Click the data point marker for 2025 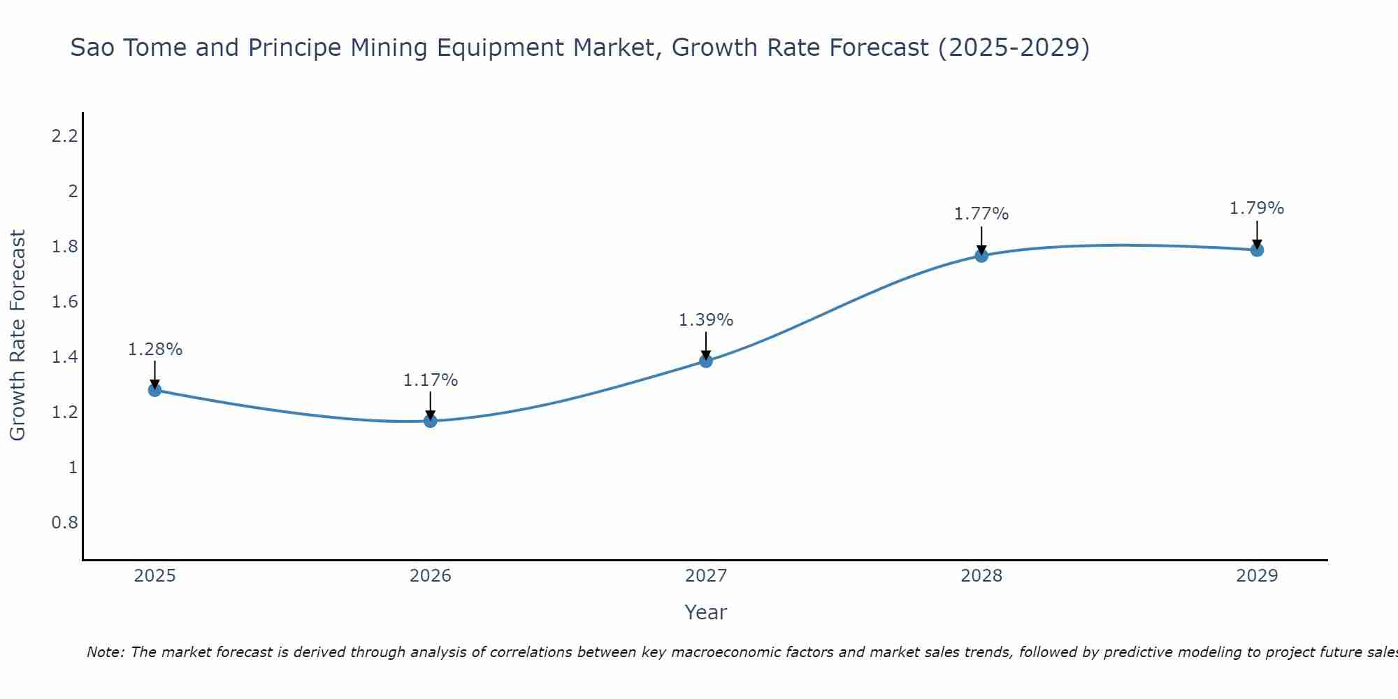pos(154,390)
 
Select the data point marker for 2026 pos(431,421)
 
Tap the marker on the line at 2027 pos(706,361)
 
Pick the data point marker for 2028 pos(981,255)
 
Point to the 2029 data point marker pos(1257,250)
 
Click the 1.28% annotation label pos(154,349)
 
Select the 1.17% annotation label pos(431,380)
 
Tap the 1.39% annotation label pos(706,320)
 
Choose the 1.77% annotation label pos(981,214)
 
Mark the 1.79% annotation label pos(1257,208)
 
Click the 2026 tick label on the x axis pos(431,576)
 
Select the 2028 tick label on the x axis pos(981,576)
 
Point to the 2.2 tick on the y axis pos(64,136)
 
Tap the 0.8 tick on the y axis pos(64,523)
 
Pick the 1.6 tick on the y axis pos(64,302)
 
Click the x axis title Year pos(705,612)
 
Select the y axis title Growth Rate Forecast pos(17,336)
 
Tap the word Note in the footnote pos(105,652)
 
